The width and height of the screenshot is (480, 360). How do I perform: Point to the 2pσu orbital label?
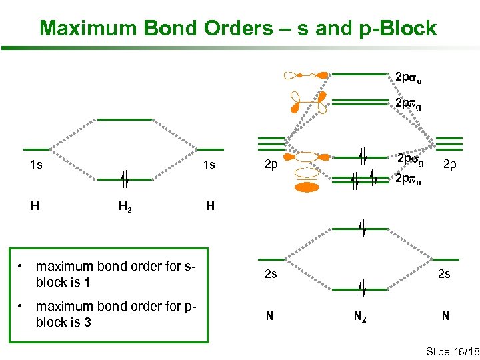(407, 79)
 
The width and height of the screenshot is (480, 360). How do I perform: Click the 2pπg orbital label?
(407, 105)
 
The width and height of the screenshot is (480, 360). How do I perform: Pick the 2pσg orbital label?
(410, 160)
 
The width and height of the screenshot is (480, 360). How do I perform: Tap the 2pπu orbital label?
(407, 179)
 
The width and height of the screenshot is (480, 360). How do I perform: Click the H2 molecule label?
(125, 207)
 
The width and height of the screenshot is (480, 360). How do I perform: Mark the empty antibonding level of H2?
(125, 119)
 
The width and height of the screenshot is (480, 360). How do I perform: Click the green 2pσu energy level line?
(360, 73)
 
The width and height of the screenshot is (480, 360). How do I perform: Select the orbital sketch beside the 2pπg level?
(308, 101)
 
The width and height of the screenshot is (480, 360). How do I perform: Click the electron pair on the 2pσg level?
(361, 156)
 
